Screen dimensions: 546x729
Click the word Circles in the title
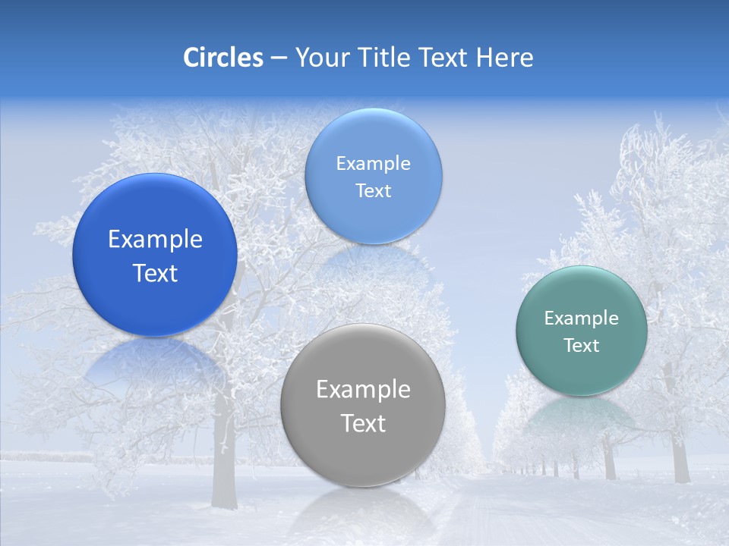click(223, 58)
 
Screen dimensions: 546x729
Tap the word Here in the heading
click(505, 58)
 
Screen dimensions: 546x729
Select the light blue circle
click(373, 136)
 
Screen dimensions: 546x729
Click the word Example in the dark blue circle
click(155, 240)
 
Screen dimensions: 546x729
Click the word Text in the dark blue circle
click(155, 273)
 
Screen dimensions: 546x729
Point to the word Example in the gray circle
click(363, 390)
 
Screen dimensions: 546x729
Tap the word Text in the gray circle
click(363, 423)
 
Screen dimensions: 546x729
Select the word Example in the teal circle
click(581, 318)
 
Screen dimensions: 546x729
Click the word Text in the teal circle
click(582, 346)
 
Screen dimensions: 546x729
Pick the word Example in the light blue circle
click(373, 164)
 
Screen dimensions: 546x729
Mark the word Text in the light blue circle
click(373, 191)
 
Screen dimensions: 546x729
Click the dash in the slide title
click(278, 58)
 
